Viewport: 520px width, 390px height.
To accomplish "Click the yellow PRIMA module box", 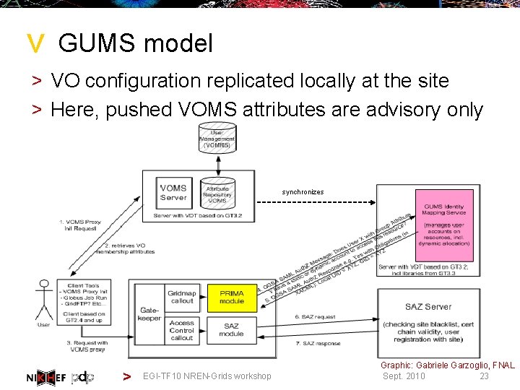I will (x=232, y=298).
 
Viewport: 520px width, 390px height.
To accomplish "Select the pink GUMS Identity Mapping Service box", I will (x=444, y=225).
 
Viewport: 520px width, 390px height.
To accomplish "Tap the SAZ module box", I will (x=232, y=329).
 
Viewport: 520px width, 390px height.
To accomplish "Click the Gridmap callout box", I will (x=182, y=298).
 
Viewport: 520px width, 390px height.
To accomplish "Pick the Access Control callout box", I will (x=182, y=329).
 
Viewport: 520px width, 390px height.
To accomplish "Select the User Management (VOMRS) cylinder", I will (x=217, y=139).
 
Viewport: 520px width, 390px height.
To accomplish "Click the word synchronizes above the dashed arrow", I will (x=303, y=192).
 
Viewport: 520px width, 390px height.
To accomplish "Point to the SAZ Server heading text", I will (x=428, y=306).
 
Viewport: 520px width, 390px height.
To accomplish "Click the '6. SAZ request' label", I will (x=316, y=316).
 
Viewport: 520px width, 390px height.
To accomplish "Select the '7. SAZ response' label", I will (x=318, y=343).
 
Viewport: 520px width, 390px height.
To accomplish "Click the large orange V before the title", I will (x=35, y=45).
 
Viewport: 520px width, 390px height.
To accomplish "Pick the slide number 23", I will (x=484, y=376).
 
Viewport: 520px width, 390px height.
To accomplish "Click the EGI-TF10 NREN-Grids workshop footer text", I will (x=207, y=376).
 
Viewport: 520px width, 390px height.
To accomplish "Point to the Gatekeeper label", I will (x=149, y=313).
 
